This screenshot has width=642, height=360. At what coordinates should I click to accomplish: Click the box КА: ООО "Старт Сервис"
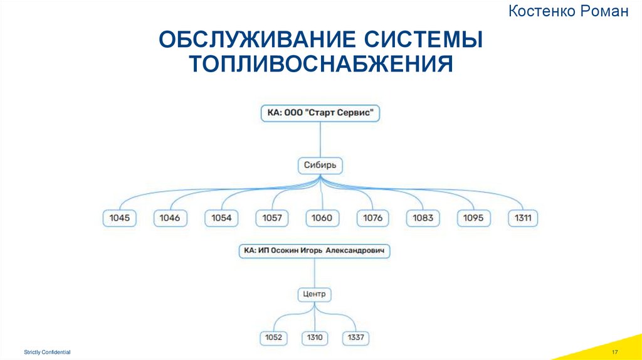[x=321, y=114]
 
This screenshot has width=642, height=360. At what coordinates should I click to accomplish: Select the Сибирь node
[x=320, y=166]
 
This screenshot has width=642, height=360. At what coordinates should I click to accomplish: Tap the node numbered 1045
[x=119, y=218]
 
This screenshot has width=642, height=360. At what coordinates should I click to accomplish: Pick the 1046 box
[x=170, y=218]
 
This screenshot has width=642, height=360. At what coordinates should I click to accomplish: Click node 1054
[x=221, y=218]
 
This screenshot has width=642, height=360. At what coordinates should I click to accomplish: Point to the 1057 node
[x=271, y=218]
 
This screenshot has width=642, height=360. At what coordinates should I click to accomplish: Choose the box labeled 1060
[x=322, y=218]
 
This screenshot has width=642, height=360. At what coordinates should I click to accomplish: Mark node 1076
[x=373, y=218]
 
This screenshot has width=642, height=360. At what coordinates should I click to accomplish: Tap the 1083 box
[x=423, y=218]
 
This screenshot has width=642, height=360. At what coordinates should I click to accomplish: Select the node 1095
[x=473, y=218]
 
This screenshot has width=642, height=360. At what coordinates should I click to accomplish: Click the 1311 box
[x=523, y=218]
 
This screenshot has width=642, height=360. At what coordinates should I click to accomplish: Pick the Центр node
[x=314, y=294]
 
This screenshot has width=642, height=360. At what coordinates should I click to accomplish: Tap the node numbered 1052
[x=273, y=337]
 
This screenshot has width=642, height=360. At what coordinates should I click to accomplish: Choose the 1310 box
[x=315, y=337]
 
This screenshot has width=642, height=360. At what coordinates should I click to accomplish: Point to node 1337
[x=355, y=337]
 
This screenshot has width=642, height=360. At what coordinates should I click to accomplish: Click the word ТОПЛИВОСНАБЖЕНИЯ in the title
[x=321, y=63]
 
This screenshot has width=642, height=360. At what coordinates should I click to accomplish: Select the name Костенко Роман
[x=569, y=11]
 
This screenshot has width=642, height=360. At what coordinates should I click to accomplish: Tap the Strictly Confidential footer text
[x=48, y=353]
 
